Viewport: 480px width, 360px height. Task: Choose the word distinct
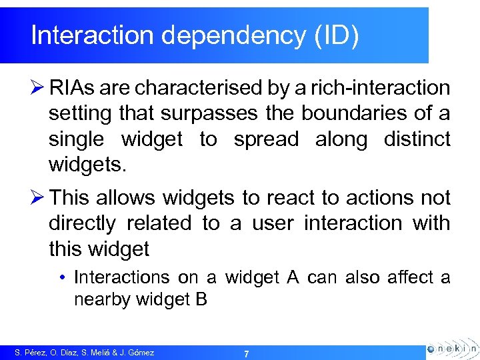[417, 139]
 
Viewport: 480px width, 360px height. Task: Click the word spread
[262, 139]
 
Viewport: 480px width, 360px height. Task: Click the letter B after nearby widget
[201, 300]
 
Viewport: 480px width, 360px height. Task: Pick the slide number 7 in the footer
[246, 353]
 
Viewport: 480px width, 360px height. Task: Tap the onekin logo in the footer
[452, 348]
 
